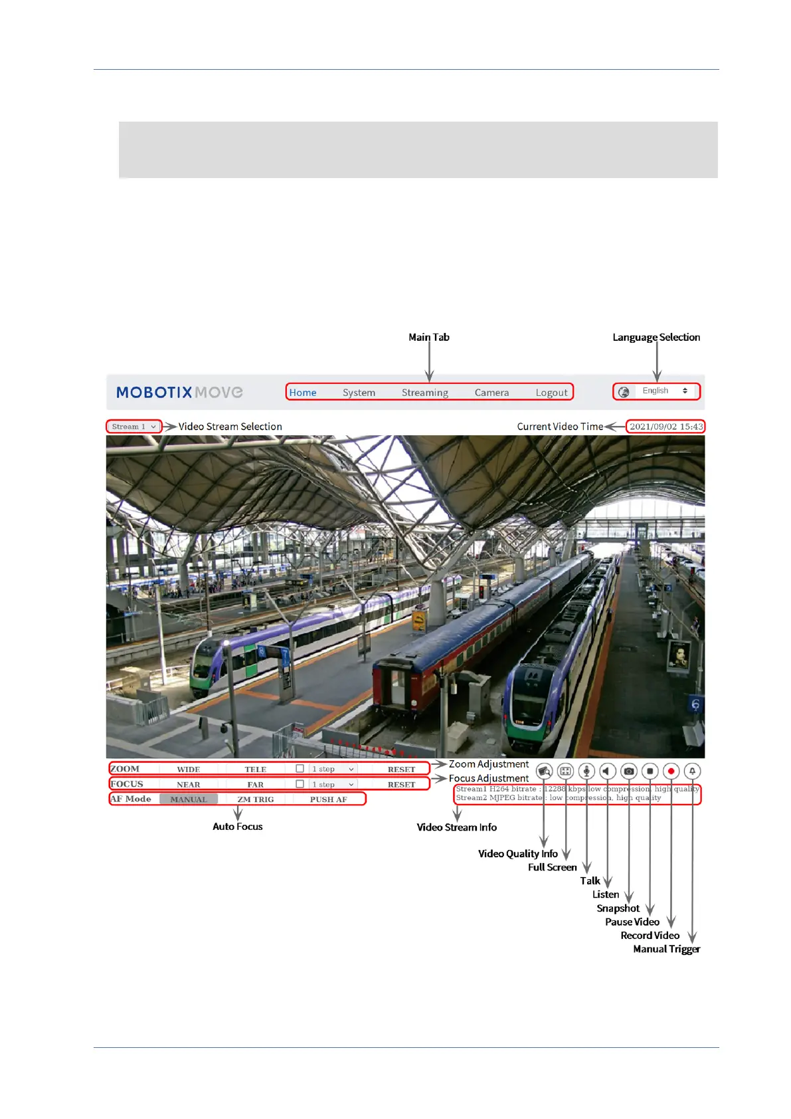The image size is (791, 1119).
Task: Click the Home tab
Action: [303, 393]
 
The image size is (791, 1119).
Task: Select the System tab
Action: [359, 393]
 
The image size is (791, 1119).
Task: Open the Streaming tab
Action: [424, 393]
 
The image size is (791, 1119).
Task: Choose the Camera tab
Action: [491, 393]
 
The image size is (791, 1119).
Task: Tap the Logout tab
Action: [551, 393]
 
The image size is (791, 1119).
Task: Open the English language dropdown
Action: [663, 391]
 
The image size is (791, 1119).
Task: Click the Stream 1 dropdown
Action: [133, 427]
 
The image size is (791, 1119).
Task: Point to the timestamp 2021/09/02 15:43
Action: [665, 427]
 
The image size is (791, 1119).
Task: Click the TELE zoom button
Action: [255, 769]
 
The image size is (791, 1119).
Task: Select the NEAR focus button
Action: [189, 785]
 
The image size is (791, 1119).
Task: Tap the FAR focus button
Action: [255, 785]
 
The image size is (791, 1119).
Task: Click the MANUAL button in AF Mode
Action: [189, 799]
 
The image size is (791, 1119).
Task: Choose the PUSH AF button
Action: [328, 799]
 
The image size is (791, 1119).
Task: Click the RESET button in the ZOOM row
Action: [401, 769]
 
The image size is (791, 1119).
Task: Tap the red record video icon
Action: [671, 771]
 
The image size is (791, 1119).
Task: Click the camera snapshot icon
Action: [629, 771]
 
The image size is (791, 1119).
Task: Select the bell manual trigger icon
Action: [692, 771]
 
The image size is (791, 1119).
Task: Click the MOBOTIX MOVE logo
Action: [179, 393]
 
